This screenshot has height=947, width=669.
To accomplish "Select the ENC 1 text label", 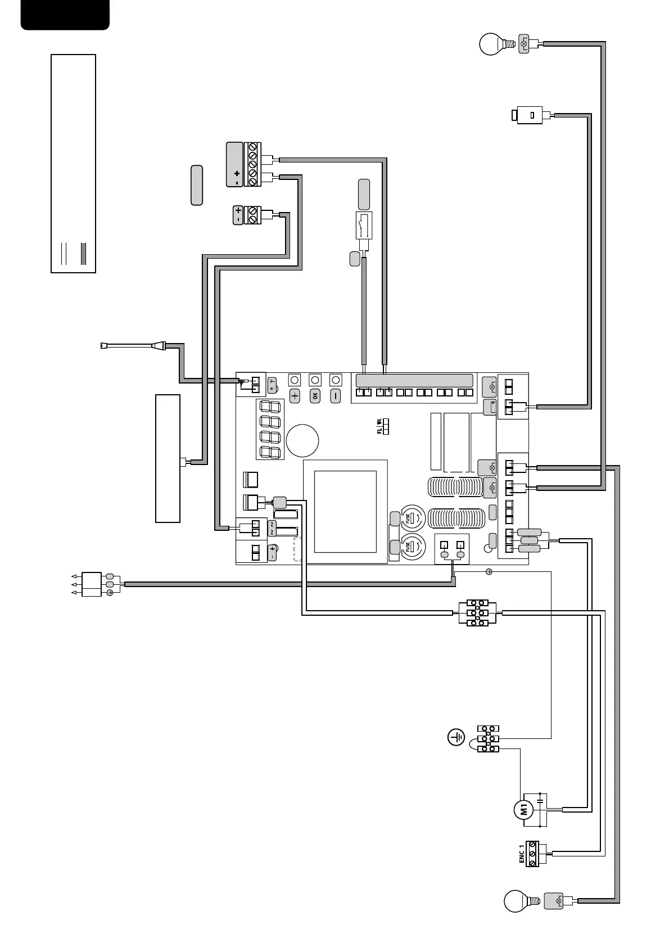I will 521,854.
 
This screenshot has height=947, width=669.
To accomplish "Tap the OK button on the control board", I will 315,395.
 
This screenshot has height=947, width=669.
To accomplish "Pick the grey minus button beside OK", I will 336,395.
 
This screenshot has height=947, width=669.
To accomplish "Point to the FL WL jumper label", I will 379,426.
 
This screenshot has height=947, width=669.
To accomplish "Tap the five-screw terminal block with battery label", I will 252,164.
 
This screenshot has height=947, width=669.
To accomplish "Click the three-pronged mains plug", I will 92,584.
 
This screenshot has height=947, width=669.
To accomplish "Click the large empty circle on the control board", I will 302,439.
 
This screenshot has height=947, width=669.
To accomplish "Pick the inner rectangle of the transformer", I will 345,512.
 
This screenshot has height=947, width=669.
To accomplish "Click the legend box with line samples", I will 73,163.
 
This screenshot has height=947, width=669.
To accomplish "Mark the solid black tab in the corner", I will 65,14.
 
